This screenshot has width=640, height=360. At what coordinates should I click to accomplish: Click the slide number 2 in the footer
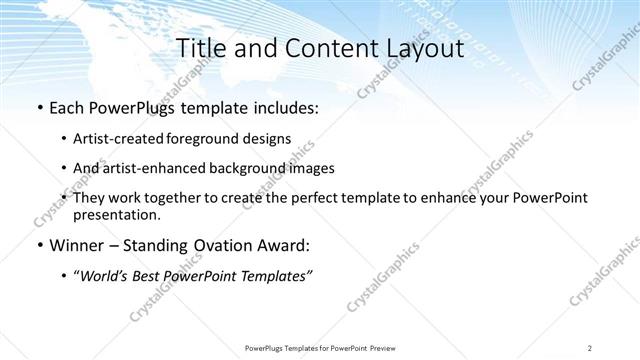click(590, 347)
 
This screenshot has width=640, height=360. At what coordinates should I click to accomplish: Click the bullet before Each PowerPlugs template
click(38, 107)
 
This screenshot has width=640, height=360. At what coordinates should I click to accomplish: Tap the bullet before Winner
click(38, 245)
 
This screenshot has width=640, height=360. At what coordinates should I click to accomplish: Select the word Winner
click(78, 245)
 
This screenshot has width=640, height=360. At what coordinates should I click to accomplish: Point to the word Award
click(286, 245)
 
